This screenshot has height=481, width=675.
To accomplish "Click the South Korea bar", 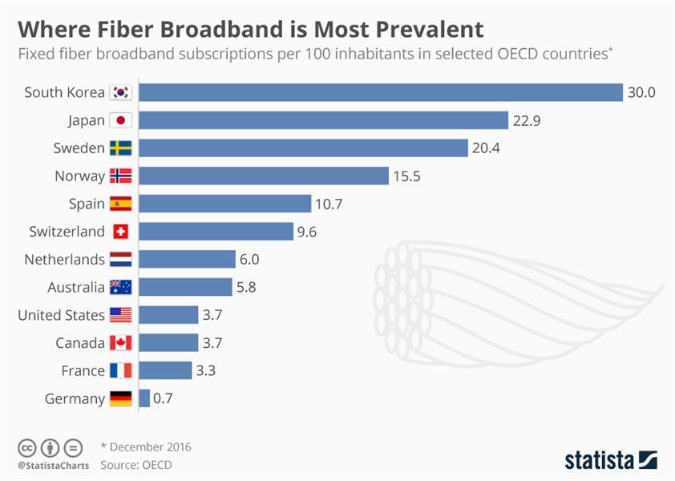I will [381, 92].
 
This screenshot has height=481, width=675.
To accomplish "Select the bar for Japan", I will [324, 120].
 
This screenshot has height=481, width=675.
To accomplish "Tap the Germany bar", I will [144, 398].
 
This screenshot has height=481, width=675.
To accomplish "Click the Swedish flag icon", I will [121, 148].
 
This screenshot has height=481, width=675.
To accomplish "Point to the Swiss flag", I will [121, 232].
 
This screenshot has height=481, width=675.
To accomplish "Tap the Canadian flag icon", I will [121, 343].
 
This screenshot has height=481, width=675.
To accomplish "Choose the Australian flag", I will [121, 287].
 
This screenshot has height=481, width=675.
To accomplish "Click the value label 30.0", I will [641, 92].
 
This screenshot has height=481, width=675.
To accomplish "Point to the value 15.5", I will [406, 176].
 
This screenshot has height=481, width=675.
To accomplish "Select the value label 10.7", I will [329, 204].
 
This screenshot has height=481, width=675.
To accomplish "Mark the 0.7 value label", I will [164, 398].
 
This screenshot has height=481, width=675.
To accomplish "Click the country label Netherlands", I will [64, 260].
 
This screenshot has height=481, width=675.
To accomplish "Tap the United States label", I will [61, 315].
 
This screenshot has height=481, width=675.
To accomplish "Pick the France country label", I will [83, 370].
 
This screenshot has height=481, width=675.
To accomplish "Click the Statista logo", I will [610, 460].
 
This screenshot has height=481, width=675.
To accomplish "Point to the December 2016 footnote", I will [150, 447].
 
